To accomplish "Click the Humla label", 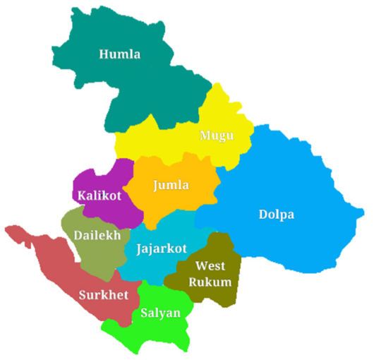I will (120, 54).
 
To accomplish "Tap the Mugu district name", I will (216, 136).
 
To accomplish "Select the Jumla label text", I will (171, 186).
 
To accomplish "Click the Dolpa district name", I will (277, 215).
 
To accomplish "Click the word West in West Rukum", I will (210, 267).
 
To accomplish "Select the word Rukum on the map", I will (213, 282).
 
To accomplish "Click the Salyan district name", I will (160, 313).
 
